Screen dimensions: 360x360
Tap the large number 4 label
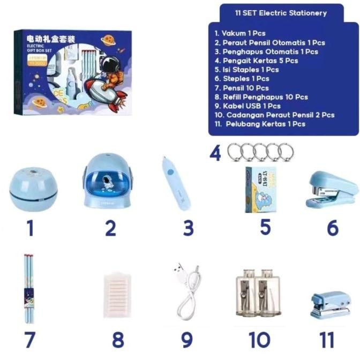[x=215, y=154]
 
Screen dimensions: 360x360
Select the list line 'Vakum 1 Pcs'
[x=239, y=33]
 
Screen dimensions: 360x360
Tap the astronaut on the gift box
[x=110, y=70]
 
